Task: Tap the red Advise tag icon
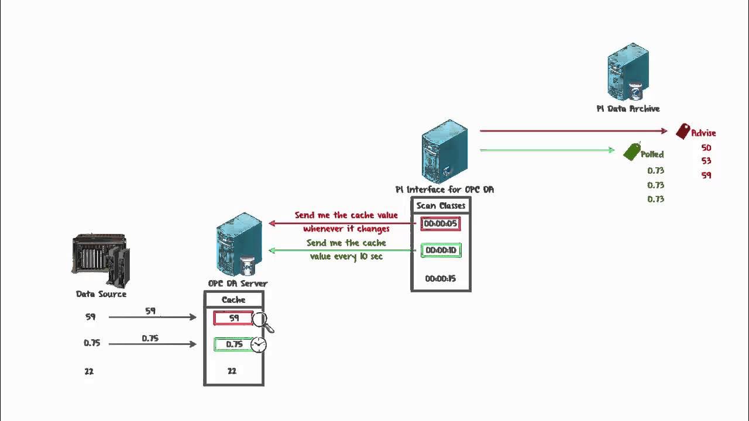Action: (x=682, y=132)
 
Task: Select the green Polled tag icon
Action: (x=632, y=151)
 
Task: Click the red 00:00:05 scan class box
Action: (x=440, y=224)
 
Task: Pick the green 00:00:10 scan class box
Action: (x=441, y=250)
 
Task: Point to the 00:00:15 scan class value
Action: (x=440, y=278)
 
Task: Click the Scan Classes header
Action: (x=441, y=206)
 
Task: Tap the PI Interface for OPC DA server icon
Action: (x=445, y=151)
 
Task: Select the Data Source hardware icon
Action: (x=101, y=261)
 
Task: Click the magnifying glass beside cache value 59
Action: (x=261, y=321)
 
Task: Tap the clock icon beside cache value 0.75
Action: (x=258, y=345)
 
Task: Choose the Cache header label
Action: (x=233, y=300)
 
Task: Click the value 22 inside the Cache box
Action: (x=232, y=371)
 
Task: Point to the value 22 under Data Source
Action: (x=89, y=371)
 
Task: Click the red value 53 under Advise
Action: (x=706, y=161)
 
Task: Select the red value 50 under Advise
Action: (x=706, y=148)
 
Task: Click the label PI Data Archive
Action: (x=628, y=109)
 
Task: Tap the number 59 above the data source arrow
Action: (x=150, y=311)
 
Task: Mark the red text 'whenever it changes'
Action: (x=346, y=229)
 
